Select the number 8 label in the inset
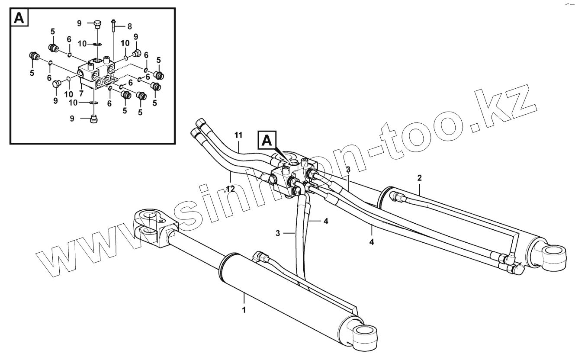point(129,26)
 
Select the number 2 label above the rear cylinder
point(419,177)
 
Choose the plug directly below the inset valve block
point(94,119)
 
